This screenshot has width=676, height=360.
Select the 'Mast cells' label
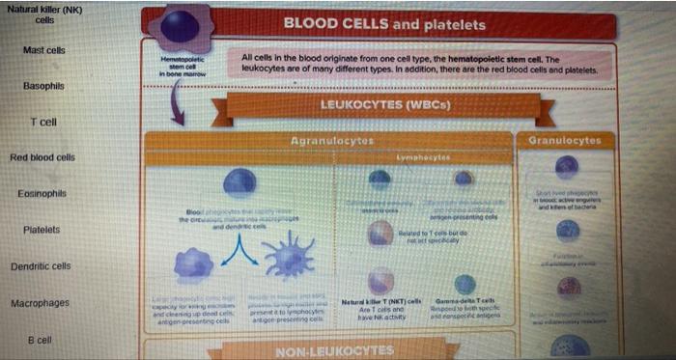pyautogui.click(x=44, y=50)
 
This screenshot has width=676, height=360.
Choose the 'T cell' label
pyautogui.click(x=43, y=123)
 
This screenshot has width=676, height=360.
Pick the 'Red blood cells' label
pyautogui.click(x=42, y=157)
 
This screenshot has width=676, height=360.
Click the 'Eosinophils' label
pyautogui.click(x=42, y=194)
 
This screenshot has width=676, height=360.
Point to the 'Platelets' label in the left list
pyautogui.click(x=42, y=230)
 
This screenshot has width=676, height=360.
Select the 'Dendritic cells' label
pyautogui.click(x=41, y=266)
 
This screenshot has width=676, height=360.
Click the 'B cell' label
pyautogui.click(x=40, y=341)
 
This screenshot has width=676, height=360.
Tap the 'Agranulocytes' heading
pyautogui.click(x=332, y=141)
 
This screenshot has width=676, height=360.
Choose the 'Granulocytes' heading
pyautogui.click(x=565, y=141)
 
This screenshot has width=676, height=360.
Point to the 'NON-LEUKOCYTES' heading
pyautogui.click(x=329, y=350)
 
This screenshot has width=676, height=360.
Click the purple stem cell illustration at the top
pyautogui.click(x=181, y=26)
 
